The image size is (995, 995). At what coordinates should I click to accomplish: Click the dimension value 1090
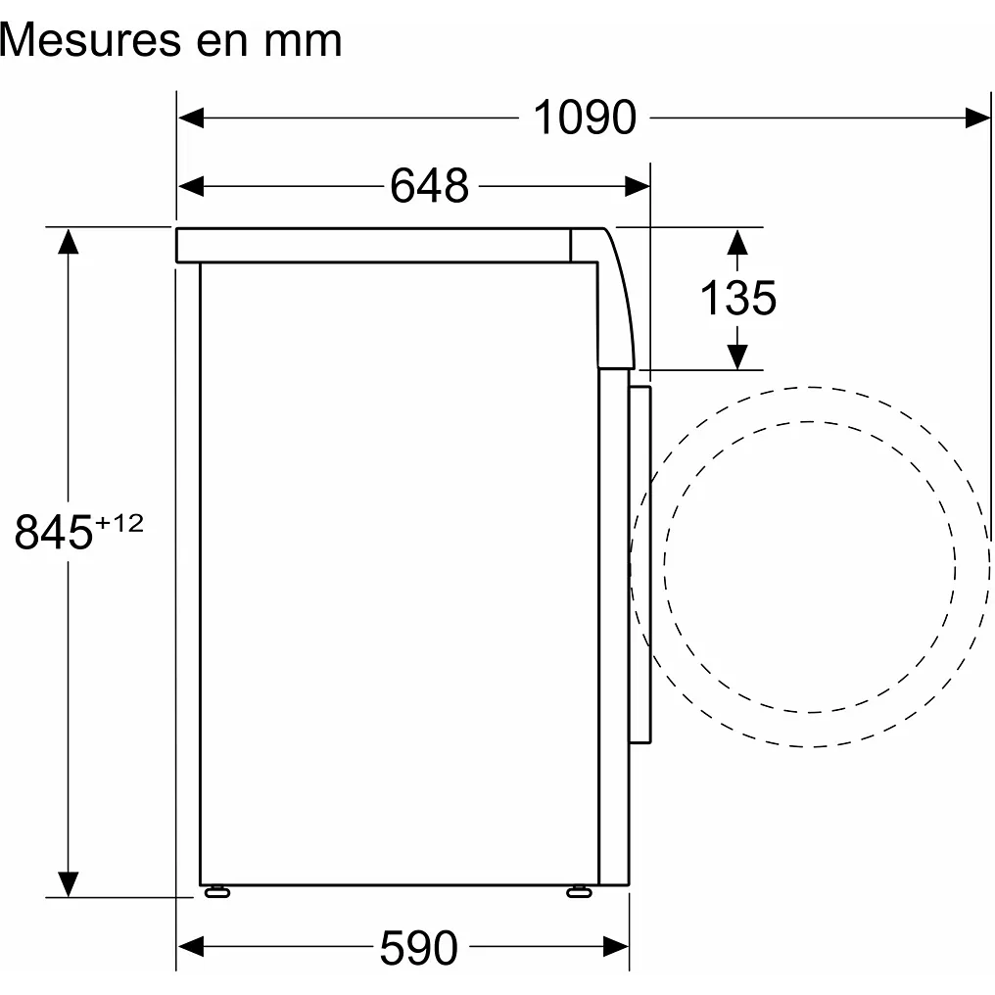click(585, 118)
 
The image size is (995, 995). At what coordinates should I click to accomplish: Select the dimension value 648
click(429, 185)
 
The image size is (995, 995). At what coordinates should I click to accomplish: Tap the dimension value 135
click(737, 298)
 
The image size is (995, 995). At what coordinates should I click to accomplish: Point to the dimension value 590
click(418, 947)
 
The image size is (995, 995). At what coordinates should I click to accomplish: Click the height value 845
click(54, 535)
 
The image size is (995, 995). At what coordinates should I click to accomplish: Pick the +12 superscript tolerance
click(119, 523)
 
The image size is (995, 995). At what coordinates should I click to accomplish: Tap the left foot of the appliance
click(215, 890)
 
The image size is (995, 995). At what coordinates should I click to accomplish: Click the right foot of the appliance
click(579, 890)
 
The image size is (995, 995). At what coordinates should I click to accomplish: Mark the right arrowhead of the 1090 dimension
click(977, 118)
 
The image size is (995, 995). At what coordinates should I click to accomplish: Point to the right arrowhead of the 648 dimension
click(638, 185)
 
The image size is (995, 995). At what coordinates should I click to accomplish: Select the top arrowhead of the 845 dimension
click(68, 241)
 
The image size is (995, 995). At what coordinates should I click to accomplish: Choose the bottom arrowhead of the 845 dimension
click(68, 882)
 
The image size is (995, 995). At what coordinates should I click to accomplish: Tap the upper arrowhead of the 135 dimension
click(738, 241)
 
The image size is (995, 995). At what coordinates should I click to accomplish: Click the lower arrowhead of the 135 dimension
click(738, 356)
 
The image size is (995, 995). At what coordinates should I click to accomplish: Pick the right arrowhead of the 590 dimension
click(615, 947)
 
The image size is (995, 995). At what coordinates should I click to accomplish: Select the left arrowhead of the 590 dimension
click(191, 947)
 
